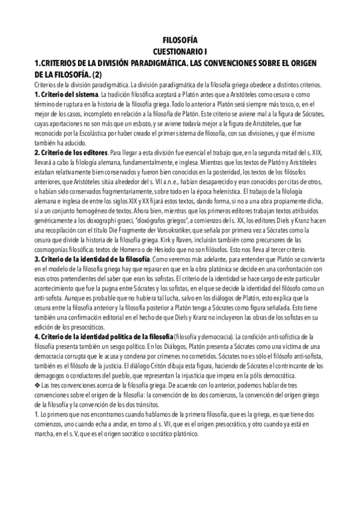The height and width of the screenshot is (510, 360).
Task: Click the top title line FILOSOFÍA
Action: point(180,41)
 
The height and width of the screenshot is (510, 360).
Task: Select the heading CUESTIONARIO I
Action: point(180,52)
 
